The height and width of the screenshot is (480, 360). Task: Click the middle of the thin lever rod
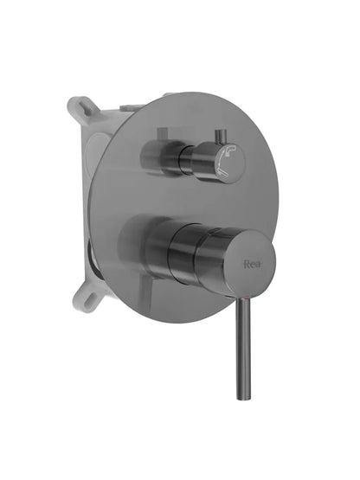239,346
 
